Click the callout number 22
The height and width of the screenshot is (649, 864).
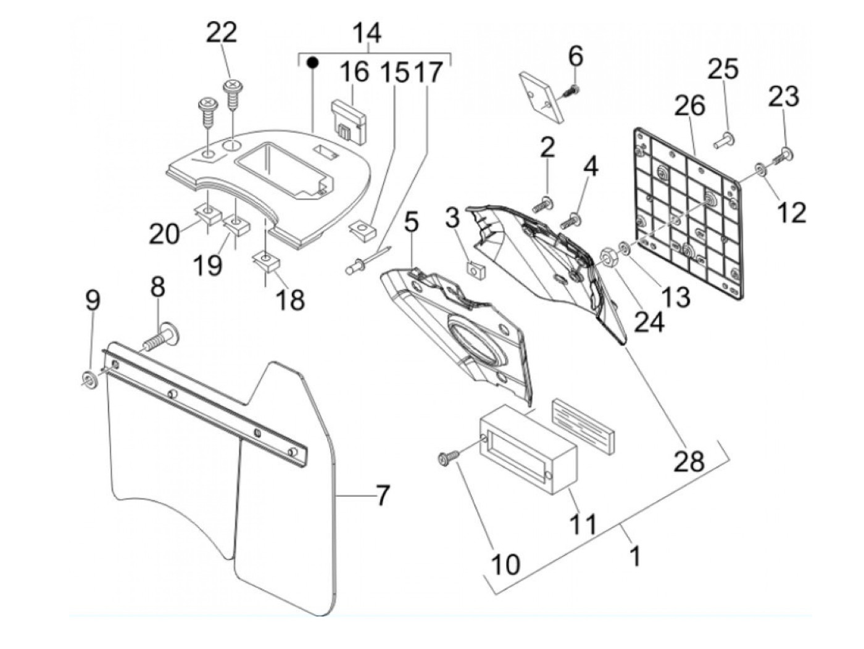[x=221, y=32]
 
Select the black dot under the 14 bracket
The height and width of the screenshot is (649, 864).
[x=313, y=62]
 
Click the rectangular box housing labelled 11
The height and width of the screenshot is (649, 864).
[x=528, y=453]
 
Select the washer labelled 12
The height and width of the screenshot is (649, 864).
[x=760, y=169]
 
